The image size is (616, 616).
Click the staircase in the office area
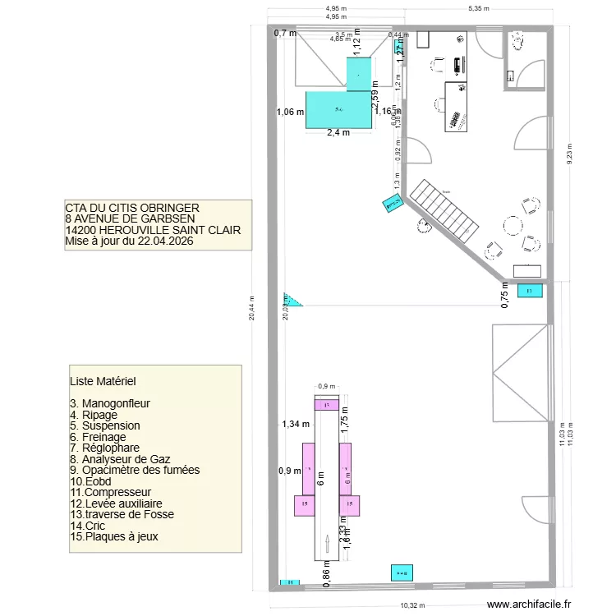point(444,211)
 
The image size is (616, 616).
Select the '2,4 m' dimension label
point(338,133)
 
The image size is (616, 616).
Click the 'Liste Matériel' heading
point(103,382)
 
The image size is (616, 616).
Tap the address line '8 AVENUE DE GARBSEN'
point(130,219)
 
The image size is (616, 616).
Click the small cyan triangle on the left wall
point(292,300)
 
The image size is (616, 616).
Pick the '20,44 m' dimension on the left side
point(253,310)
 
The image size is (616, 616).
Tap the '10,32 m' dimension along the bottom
point(412,605)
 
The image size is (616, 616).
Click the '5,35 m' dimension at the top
point(478,9)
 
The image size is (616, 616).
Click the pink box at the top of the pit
point(327,405)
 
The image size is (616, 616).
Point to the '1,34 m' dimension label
point(293,425)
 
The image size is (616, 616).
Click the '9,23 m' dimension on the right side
point(571,153)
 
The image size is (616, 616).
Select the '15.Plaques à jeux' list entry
point(115,536)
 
